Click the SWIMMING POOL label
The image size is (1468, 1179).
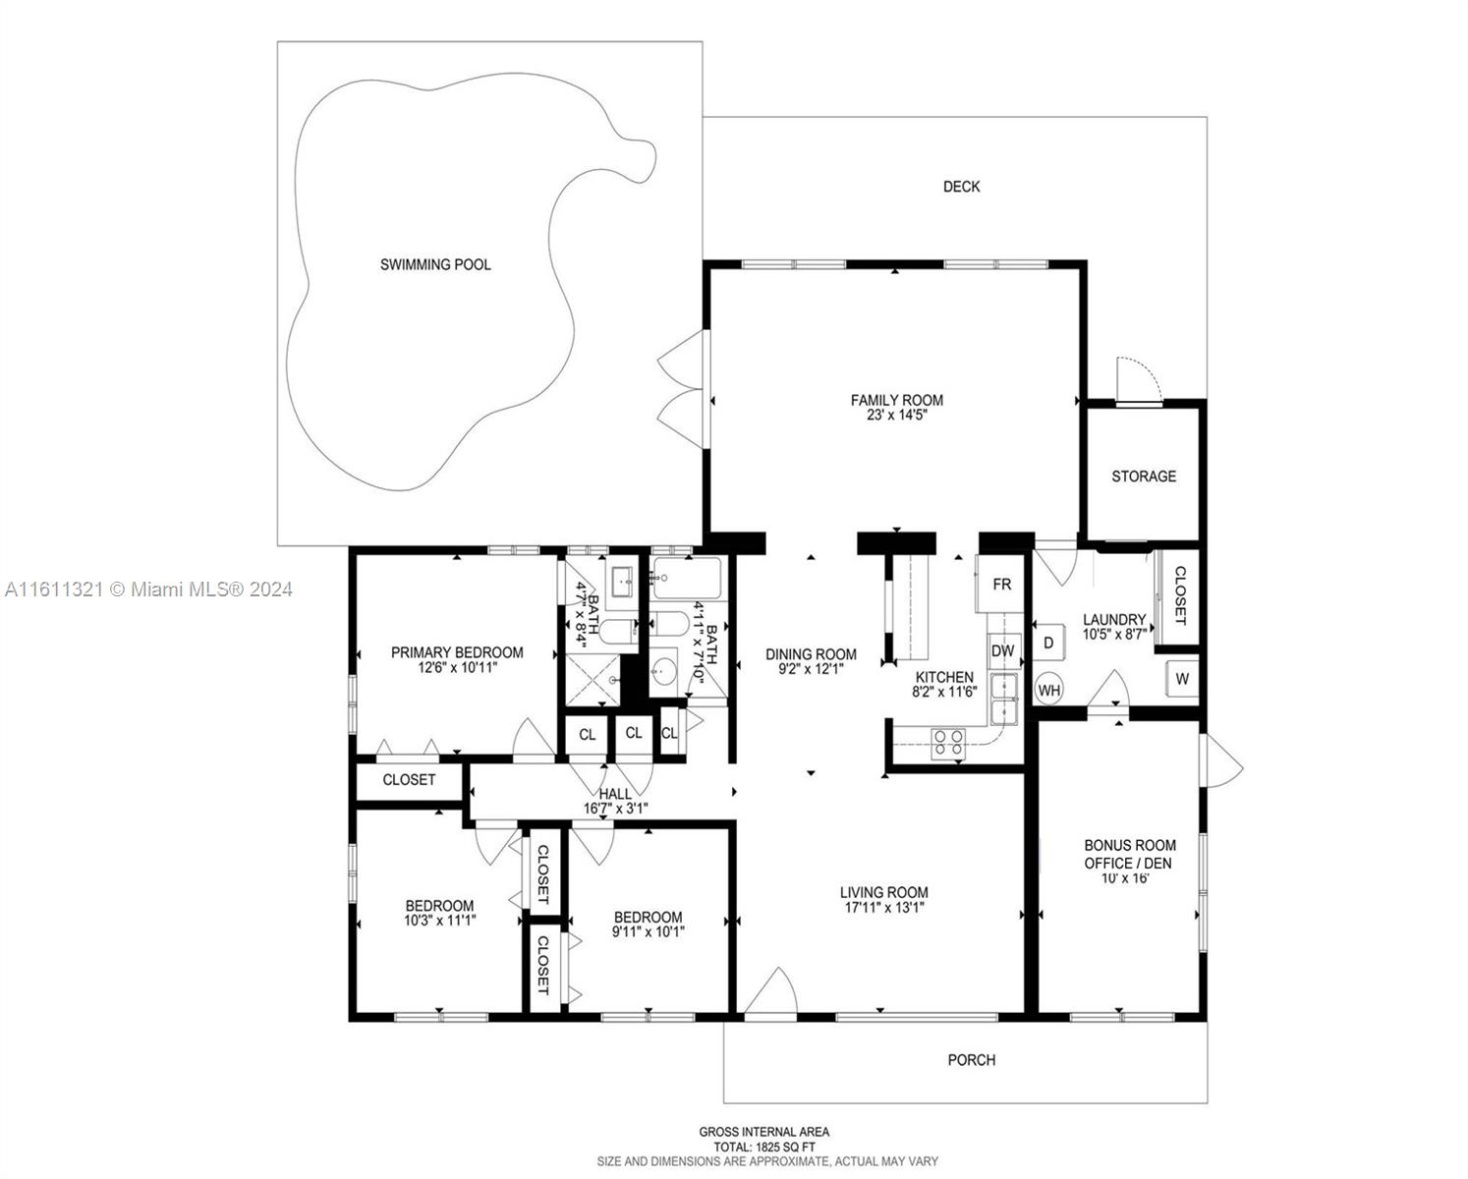click(x=435, y=264)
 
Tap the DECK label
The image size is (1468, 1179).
click(x=961, y=187)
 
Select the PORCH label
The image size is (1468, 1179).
click(x=972, y=1059)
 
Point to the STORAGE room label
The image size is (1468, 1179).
click(x=1144, y=477)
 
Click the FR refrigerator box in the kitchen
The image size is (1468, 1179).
click(x=1000, y=584)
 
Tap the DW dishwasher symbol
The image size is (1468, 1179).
click(x=1003, y=650)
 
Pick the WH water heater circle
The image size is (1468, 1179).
click(x=1049, y=690)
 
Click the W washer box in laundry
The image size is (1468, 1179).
click(x=1182, y=679)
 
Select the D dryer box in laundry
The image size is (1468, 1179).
click(x=1048, y=642)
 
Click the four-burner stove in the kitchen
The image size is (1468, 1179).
click(x=949, y=744)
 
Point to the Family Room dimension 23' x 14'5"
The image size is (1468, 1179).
click(x=897, y=415)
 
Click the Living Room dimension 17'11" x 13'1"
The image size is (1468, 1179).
click(x=884, y=908)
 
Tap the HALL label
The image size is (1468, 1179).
click(x=615, y=794)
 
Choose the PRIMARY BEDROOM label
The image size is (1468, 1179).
click(x=457, y=652)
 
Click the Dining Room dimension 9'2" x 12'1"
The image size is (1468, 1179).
click(x=811, y=669)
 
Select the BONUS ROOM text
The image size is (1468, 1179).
click(x=1130, y=845)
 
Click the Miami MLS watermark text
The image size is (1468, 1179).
click(x=148, y=589)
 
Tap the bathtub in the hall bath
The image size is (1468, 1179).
click(x=686, y=579)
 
